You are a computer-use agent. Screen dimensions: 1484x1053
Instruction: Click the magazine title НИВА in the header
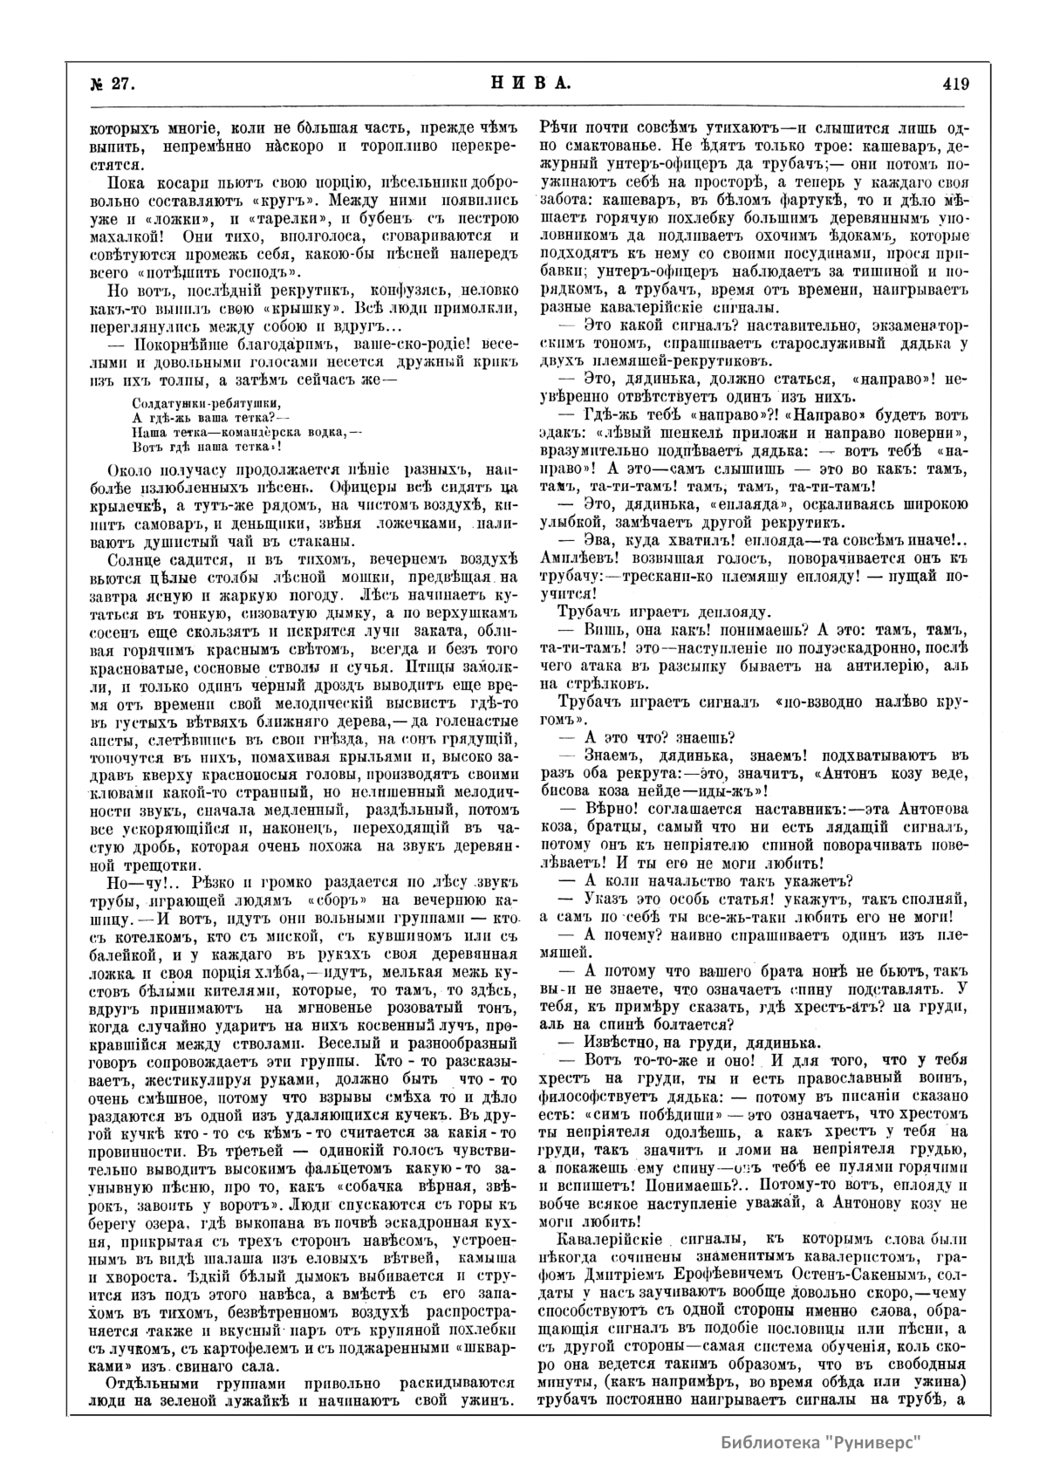(x=526, y=84)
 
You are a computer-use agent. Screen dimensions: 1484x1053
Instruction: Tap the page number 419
(x=956, y=84)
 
